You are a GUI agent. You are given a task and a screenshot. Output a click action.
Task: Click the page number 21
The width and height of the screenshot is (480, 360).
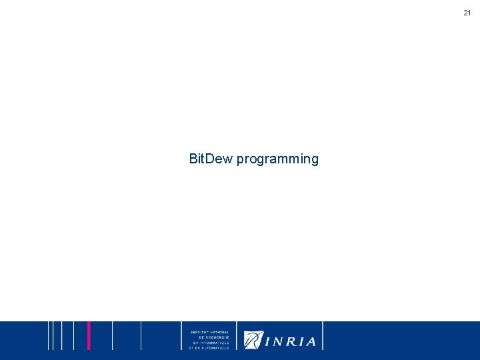(467, 13)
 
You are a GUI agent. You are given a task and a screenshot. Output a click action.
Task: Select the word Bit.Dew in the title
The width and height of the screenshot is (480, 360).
(211, 159)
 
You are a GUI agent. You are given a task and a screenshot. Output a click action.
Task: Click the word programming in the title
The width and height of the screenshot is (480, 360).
(277, 159)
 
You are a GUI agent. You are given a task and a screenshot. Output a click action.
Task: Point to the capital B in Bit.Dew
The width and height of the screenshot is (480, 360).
(193, 159)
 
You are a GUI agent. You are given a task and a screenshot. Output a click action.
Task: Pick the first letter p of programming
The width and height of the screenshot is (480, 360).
(240, 161)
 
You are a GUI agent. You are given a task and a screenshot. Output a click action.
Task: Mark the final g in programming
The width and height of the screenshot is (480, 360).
(315, 161)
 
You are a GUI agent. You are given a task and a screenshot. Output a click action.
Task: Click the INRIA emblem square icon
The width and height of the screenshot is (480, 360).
(253, 340)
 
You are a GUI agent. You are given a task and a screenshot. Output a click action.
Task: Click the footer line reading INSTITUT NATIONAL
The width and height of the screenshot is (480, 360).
(210, 331)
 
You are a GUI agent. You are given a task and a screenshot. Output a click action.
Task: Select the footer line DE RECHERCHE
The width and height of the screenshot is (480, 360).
(210, 337)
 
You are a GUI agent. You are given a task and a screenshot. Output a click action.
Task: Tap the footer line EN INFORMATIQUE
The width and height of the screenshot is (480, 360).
(210, 342)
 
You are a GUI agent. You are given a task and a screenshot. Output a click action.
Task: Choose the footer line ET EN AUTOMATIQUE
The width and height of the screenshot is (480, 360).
(209, 347)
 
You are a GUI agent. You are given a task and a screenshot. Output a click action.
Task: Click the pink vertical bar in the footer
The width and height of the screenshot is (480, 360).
(89, 335)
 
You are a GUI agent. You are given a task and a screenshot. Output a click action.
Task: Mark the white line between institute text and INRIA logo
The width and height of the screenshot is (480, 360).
(236, 335)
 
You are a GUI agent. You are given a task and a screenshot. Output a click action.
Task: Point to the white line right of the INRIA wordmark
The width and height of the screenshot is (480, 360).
(323, 335)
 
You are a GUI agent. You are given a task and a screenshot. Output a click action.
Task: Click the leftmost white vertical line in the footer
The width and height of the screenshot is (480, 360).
(48, 335)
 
